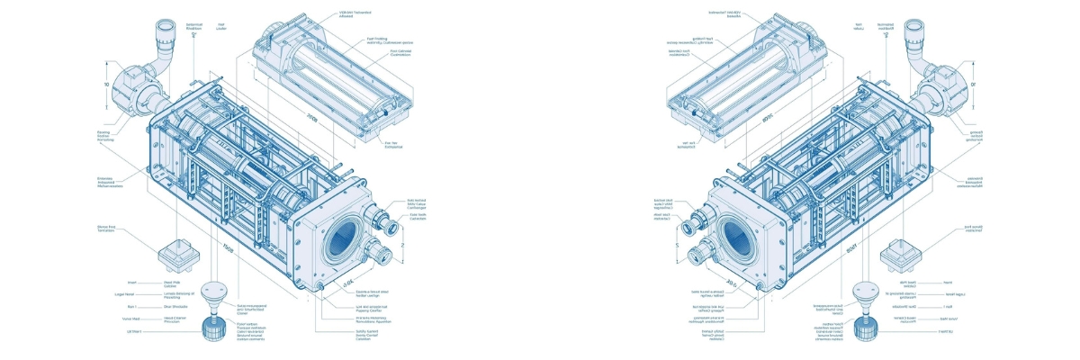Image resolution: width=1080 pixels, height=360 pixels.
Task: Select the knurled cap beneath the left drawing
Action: (x=215, y=328)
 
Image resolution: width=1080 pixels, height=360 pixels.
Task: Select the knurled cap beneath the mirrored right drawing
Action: (x=865, y=328)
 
